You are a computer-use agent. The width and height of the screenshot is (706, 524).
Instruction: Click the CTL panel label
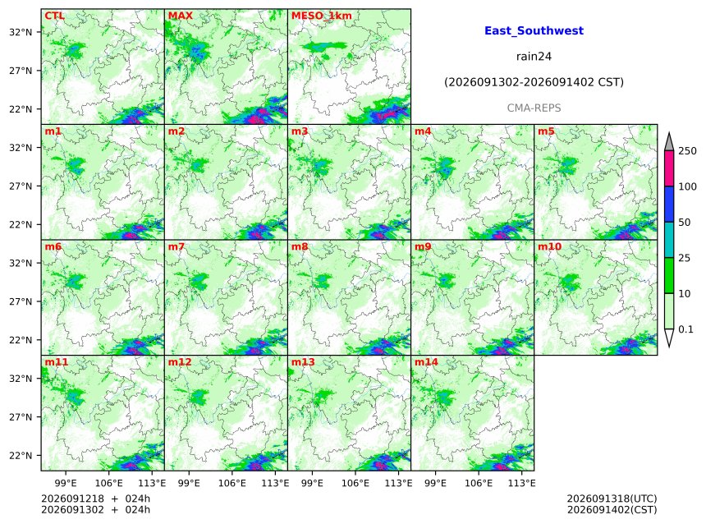click(54, 16)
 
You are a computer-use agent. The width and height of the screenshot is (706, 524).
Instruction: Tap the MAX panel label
click(180, 16)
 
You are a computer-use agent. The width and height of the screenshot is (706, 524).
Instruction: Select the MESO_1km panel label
click(322, 16)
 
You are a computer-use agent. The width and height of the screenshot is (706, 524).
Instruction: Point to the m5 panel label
click(546, 131)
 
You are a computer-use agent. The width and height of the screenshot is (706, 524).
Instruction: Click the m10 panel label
click(549, 246)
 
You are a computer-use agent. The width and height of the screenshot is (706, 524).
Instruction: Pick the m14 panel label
click(426, 362)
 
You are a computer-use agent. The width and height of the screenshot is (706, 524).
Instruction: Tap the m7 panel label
click(176, 246)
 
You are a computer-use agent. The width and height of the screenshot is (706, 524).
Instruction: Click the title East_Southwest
click(534, 30)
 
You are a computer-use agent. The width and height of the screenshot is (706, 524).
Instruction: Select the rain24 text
click(534, 57)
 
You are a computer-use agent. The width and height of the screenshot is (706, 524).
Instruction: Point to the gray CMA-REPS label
click(534, 108)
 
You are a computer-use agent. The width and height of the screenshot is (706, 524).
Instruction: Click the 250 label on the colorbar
click(687, 151)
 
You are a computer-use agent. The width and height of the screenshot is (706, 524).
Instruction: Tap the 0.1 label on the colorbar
click(685, 329)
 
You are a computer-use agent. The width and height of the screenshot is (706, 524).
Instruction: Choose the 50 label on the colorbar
click(685, 222)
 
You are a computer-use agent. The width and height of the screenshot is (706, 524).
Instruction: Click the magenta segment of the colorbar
click(669, 168)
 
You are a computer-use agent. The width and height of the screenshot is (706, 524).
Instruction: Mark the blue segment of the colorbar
click(669, 205)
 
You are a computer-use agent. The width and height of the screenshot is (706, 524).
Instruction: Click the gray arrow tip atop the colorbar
click(669, 133)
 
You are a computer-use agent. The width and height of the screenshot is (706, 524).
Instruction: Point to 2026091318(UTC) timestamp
click(612, 499)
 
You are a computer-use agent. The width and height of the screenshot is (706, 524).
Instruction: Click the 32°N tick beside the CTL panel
click(21, 32)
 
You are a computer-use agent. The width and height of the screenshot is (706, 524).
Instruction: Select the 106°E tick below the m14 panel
click(479, 484)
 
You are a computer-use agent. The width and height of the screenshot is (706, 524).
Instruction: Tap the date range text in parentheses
click(534, 82)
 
